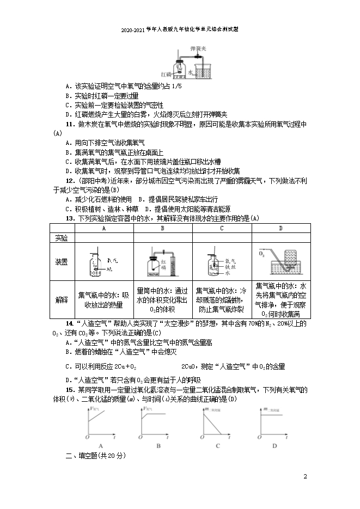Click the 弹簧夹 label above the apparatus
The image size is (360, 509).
click(198, 49)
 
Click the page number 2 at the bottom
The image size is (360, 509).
click(306, 477)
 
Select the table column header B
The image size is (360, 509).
click(162, 229)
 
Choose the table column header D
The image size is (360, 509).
click(280, 229)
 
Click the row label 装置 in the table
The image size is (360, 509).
click(62, 262)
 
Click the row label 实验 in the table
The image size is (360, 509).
click(62, 238)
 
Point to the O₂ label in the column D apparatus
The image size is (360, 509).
click(262, 253)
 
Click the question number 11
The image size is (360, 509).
click(69, 124)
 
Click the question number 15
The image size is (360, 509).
click(69, 390)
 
